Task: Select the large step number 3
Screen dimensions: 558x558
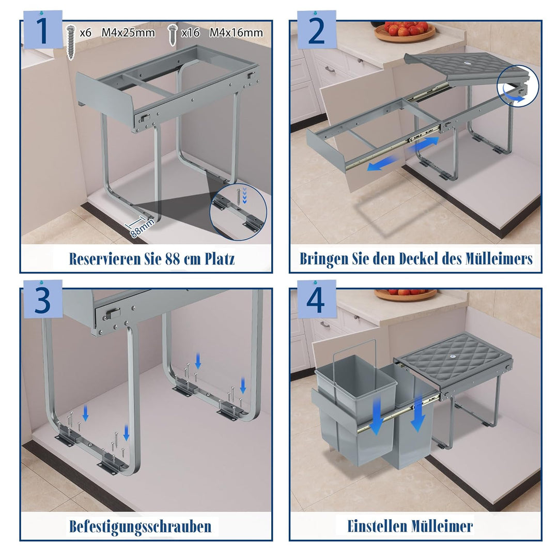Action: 43,300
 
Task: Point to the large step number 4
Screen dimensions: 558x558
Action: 316,300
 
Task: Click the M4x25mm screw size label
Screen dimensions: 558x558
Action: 129,33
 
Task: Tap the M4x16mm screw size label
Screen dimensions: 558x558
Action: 236,33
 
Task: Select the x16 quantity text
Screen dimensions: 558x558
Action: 190,33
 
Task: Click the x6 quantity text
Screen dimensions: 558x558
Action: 85,33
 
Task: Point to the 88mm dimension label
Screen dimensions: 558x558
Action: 142,228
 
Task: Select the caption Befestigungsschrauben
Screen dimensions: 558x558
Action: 140,526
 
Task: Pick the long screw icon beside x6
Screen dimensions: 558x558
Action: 71,42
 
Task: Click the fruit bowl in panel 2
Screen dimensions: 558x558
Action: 405,31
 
